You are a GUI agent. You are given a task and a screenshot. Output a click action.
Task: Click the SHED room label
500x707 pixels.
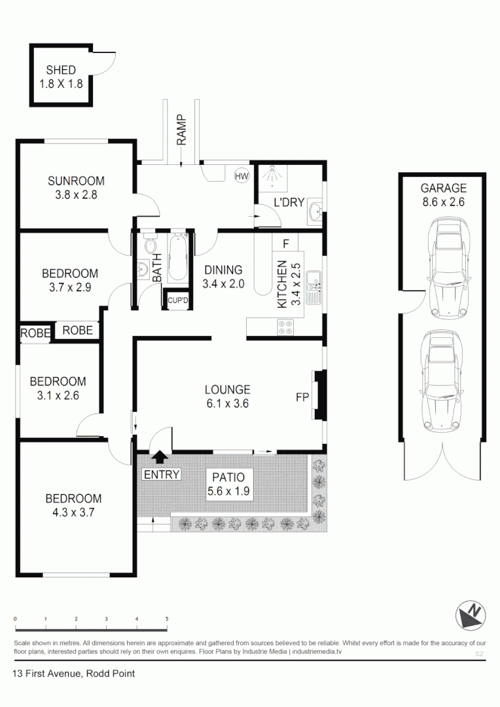pos(61,70)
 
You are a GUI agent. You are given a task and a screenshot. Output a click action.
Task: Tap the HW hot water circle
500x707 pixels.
pos(241,176)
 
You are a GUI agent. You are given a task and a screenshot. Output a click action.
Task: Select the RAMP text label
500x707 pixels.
pos(181,131)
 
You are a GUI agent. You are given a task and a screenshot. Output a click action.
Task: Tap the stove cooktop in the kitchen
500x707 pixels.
pos(285,327)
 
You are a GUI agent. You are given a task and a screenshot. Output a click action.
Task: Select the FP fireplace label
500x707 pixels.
pos(302,397)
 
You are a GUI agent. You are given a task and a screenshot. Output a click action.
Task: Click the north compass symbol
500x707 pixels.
pos(471,614)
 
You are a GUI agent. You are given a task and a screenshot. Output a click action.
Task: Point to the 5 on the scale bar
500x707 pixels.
pos(167,619)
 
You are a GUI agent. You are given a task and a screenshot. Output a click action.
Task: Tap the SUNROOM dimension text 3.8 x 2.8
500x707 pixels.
pos(76,194)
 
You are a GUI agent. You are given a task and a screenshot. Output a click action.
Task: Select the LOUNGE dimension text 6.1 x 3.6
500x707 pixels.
pos(227,404)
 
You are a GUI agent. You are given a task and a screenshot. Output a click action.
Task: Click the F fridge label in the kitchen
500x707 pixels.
pos(285,244)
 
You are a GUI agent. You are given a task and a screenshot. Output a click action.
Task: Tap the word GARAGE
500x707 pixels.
pos(443,188)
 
